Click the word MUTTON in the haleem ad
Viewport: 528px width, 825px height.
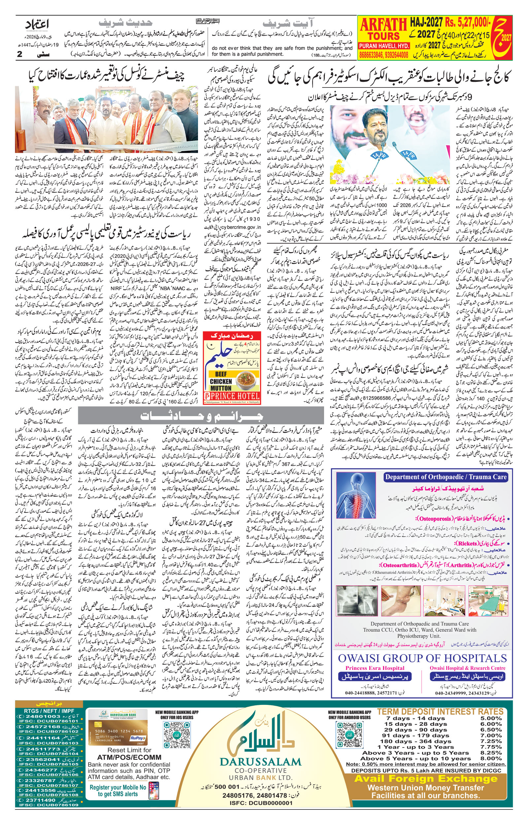point(221,388)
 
